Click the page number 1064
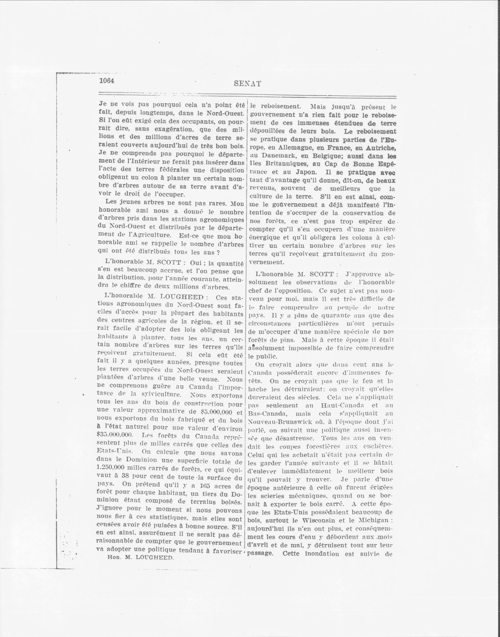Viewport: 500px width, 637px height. click(107, 81)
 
